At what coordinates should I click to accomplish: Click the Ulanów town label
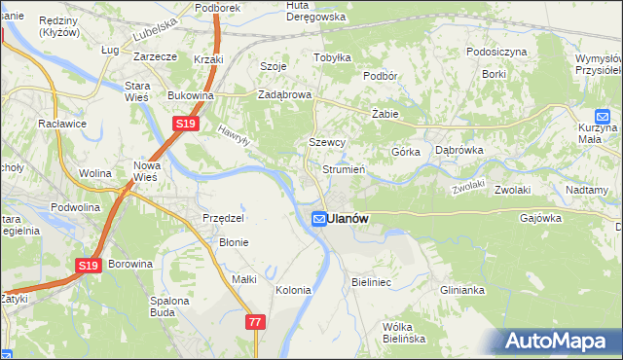coord(348,219)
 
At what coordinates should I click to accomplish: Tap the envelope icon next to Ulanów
coord(318,220)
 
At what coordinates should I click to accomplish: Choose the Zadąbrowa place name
coord(283,94)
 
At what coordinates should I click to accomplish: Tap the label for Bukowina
coord(191,95)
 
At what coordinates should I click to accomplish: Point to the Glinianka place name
coord(461,290)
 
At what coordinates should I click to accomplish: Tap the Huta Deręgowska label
coord(310,11)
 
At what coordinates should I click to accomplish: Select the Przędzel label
coord(222,218)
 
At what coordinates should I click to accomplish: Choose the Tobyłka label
coord(332,56)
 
